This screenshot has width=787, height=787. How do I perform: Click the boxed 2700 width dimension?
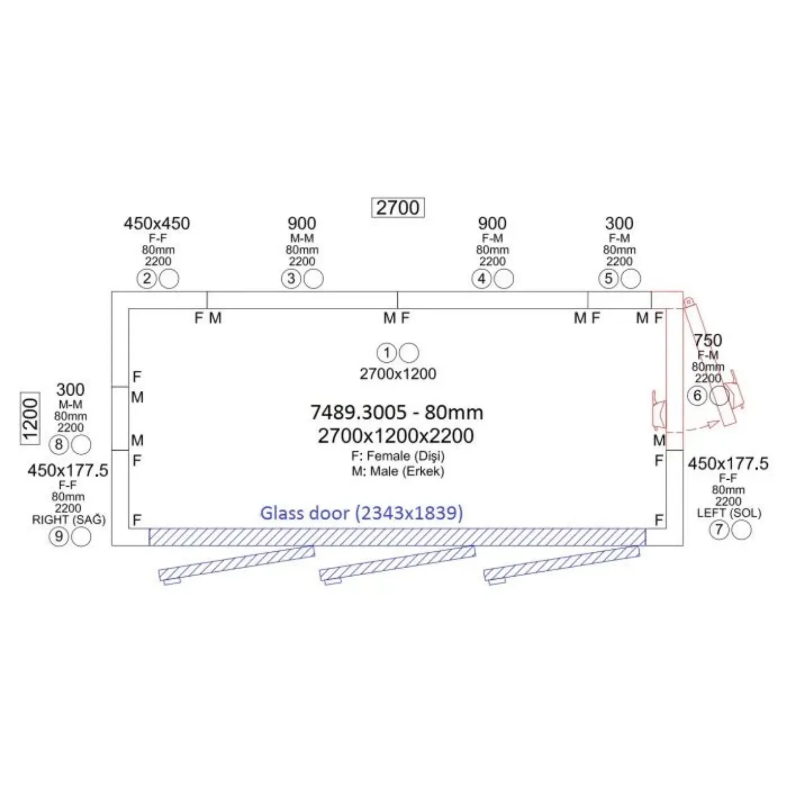[x=397, y=208]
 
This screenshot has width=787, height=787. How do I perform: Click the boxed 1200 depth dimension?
[x=30, y=419]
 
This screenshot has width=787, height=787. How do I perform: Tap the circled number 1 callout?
[x=386, y=353]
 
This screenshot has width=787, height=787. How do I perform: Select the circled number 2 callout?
[x=147, y=279]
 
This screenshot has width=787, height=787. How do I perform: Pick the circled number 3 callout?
[x=291, y=279]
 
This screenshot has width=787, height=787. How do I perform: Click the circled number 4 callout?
[x=482, y=279]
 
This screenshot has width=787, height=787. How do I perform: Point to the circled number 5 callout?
[x=609, y=279]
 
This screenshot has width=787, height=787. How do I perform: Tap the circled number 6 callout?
[x=697, y=395]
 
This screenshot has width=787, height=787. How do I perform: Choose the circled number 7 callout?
[x=719, y=530]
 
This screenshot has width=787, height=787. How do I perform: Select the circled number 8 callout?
[x=59, y=444]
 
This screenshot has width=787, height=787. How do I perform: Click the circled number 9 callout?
[x=59, y=536]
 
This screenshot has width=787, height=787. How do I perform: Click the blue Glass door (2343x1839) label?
[x=361, y=513]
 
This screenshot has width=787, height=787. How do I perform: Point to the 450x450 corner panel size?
[x=157, y=224]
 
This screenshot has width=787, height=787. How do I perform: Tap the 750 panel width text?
[x=708, y=340]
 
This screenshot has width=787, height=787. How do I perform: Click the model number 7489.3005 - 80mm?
[x=396, y=412]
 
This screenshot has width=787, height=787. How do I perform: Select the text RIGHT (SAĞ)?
[x=68, y=520]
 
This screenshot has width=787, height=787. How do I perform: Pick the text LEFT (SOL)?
[x=729, y=513]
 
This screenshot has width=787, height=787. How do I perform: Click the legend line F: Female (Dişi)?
[x=397, y=455]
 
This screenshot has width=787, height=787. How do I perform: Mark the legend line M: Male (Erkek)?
[x=397, y=471]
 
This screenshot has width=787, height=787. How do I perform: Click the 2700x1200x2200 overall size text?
[x=395, y=436]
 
